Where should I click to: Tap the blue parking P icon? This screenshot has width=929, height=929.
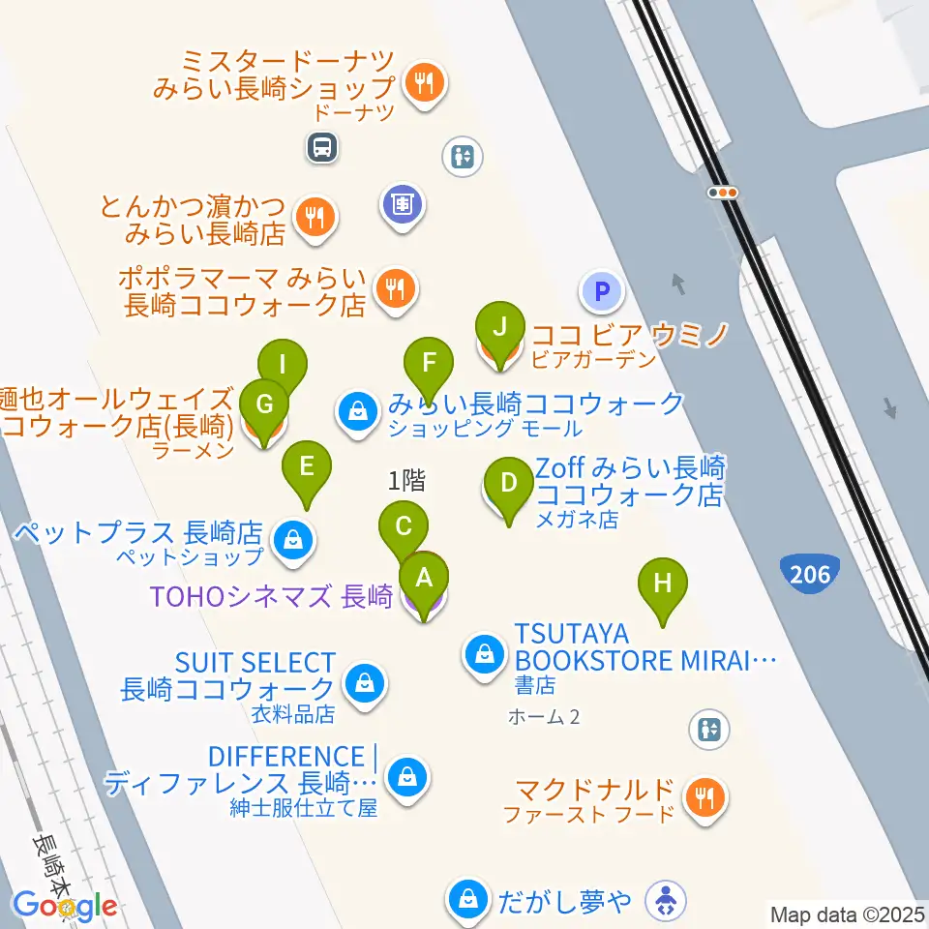coord(601,289)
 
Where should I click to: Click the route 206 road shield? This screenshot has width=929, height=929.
coord(809,574)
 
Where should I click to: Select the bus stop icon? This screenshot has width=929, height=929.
coord(321,147)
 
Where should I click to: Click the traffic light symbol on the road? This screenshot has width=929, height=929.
coord(723,193)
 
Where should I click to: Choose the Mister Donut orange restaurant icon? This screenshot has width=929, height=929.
coord(425,83)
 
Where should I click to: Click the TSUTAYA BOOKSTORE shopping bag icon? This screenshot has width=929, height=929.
coord(483,655)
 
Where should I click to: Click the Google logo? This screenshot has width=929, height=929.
coord(66,907)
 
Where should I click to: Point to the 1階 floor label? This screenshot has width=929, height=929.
coord(407,479)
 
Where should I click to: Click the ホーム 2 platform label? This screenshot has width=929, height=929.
coord(544,717)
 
